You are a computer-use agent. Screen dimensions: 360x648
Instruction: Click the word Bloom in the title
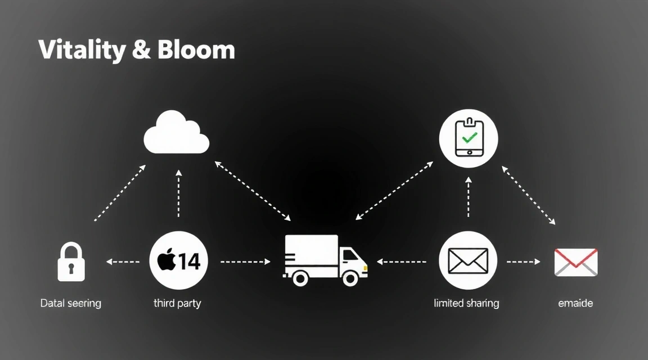click(x=196, y=50)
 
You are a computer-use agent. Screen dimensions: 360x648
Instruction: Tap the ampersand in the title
click(x=142, y=51)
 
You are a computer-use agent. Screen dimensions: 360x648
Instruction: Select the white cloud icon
click(x=177, y=133)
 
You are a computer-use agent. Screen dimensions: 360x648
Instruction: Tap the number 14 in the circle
click(x=189, y=261)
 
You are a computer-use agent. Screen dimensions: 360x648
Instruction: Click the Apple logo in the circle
click(x=166, y=261)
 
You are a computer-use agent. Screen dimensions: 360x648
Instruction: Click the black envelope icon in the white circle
click(x=468, y=260)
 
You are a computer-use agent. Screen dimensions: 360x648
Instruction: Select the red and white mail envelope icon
click(x=575, y=262)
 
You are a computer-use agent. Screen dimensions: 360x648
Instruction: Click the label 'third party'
click(x=177, y=303)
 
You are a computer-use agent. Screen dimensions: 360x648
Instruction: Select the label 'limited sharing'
click(x=466, y=303)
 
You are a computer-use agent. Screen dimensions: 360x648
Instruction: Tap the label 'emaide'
click(x=575, y=303)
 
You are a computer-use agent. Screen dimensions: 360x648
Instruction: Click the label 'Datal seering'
click(x=71, y=303)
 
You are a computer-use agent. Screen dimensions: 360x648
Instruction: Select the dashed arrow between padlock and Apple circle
click(x=123, y=262)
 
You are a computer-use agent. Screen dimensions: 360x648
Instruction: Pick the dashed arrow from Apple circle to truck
click(x=246, y=262)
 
